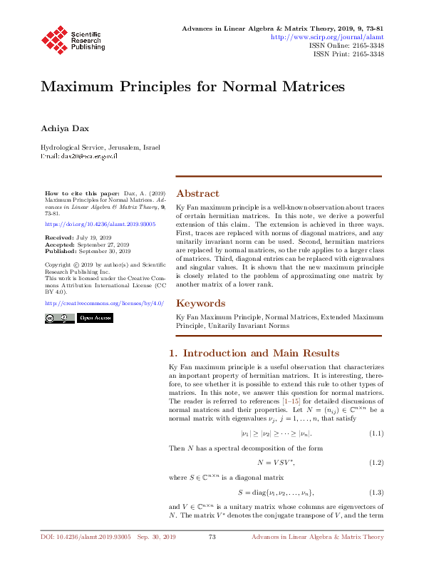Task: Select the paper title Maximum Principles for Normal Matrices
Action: click(192, 87)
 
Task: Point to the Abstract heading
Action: click(197, 193)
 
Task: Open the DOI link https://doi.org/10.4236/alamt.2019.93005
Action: click(89, 223)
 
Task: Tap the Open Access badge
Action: click(95, 318)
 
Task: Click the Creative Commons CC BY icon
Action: click(57, 318)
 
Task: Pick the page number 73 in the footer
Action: click(212, 556)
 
